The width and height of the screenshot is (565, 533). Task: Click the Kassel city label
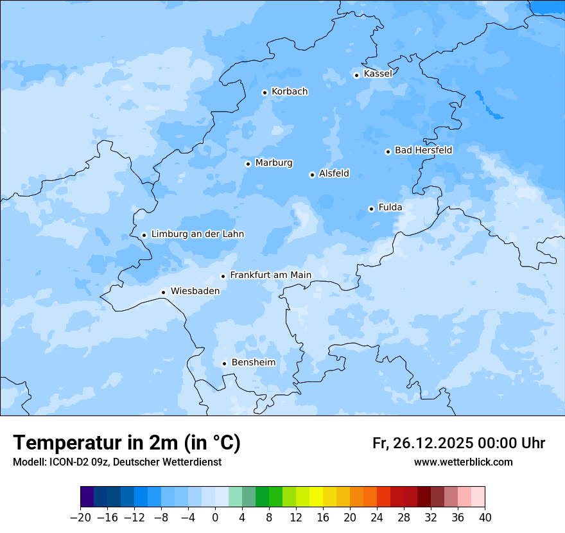coord(378,74)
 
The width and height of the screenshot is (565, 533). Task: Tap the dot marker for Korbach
coord(265,92)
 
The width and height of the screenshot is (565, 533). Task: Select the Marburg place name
coord(274,163)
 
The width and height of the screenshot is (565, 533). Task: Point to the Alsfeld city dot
coord(312,175)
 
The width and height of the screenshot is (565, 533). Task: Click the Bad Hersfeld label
coord(423,150)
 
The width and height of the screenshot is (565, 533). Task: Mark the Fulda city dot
coord(371,209)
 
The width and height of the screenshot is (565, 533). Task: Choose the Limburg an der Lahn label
coord(197,234)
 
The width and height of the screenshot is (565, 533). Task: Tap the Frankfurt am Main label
coord(270,275)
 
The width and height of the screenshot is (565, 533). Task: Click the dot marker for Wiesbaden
coord(164,292)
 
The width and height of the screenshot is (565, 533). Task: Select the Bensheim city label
coord(253,363)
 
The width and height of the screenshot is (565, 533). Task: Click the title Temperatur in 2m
coord(126,442)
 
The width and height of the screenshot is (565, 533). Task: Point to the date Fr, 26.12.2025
coord(422,443)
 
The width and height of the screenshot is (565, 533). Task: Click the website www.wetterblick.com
coord(463,462)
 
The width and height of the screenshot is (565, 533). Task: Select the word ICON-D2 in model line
coord(67,462)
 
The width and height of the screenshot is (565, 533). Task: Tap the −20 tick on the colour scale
coord(80,518)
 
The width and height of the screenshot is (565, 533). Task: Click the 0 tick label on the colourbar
coord(215,518)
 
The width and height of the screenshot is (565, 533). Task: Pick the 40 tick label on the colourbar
coord(485,518)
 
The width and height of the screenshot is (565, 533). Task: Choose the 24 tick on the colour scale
coord(377,518)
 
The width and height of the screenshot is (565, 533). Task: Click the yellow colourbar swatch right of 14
coord(316,497)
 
